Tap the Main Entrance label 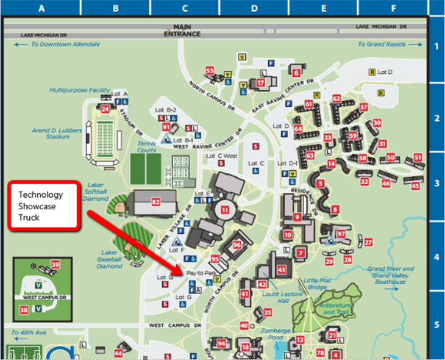click(182, 31)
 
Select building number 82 click(156, 201)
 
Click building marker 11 click(225, 210)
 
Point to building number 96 click(237, 245)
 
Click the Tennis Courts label click(146, 147)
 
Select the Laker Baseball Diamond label click(110, 258)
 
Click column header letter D click(254, 8)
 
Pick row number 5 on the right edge click(436, 325)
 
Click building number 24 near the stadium click(105, 109)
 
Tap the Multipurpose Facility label click(80, 90)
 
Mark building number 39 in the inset click(55, 264)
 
